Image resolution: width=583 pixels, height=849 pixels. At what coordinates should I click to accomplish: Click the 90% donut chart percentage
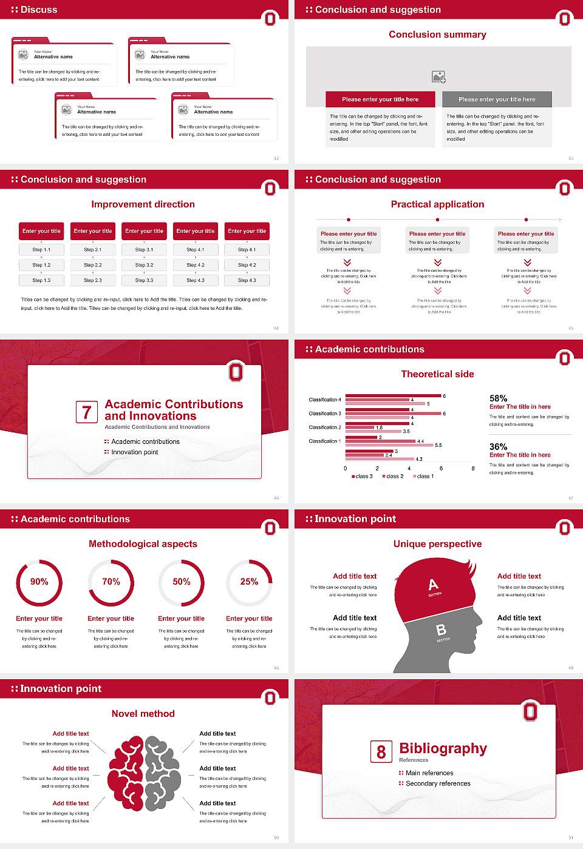[39, 582]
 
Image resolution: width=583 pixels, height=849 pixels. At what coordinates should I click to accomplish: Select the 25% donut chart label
[249, 582]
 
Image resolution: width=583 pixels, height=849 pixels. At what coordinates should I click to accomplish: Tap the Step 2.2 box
[93, 265]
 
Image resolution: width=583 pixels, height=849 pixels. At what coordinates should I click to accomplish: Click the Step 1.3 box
[41, 280]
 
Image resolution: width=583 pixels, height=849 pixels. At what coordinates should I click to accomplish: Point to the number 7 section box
[87, 412]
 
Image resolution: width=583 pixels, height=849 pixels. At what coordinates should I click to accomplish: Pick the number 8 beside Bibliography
[381, 752]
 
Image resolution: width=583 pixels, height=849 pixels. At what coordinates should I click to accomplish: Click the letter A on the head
[433, 585]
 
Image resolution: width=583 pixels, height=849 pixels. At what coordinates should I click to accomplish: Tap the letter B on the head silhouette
[442, 630]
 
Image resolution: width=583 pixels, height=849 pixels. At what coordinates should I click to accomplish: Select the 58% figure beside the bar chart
[498, 398]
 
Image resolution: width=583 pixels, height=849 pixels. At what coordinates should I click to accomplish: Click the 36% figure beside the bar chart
[498, 446]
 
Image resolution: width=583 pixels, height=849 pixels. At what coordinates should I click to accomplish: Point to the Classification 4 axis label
[325, 400]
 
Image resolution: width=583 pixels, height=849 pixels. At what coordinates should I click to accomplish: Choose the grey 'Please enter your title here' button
[497, 99]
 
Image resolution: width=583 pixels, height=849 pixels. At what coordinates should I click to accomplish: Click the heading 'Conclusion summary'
[437, 35]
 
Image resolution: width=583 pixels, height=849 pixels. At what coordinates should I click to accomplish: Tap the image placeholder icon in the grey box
[438, 77]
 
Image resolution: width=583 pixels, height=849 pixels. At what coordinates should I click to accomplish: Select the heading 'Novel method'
[143, 714]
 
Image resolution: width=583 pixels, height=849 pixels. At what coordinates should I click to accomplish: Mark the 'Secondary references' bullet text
[438, 784]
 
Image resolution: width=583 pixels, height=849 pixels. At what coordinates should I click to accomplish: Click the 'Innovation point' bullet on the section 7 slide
[134, 452]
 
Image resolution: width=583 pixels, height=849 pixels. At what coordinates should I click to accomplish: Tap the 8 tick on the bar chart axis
[473, 468]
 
